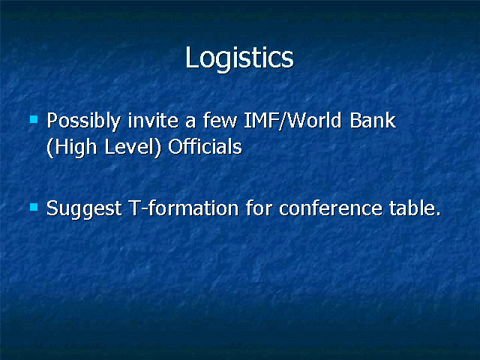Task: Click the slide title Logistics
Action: pyautogui.click(x=239, y=59)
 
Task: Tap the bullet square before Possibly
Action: pyautogui.click(x=34, y=118)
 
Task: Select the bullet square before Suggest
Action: pyautogui.click(x=34, y=207)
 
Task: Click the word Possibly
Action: pyautogui.click(x=83, y=121)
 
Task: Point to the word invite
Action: pyautogui.click(x=153, y=120)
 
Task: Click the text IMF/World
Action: pyautogui.click(x=292, y=121)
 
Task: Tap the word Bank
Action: pyautogui.click(x=373, y=120)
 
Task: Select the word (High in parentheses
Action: pyautogui.click(x=72, y=148)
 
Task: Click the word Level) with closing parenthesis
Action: pyautogui.click(x=133, y=148)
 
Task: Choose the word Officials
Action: pyautogui.click(x=205, y=147)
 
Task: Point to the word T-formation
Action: pyautogui.click(x=184, y=208)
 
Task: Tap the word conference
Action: pyautogui.click(x=331, y=208)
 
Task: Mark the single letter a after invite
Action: pyautogui.click(x=190, y=121)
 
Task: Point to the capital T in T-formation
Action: pyautogui.click(x=135, y=208)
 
